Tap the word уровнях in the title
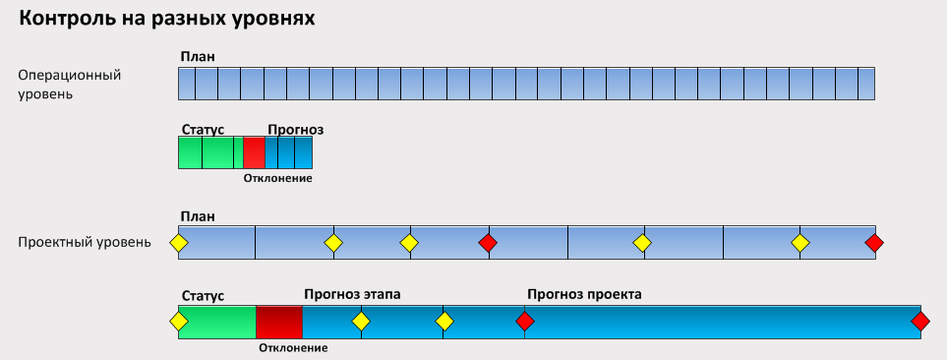tap(275, 19)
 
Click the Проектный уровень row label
tap(85, 241)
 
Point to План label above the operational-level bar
tap(197, 57)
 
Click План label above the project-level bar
tap(197, 216)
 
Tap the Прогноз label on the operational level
tap(296, 130)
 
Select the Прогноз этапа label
tap(352, 294)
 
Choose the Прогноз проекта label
tap(584, 294)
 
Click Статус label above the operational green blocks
tap(204, 130)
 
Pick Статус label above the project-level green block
tap(204, 294)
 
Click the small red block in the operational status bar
tap(254, 152)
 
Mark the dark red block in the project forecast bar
tap(278, 322)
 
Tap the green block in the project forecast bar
tap(216, 322)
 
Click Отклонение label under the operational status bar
tap(277, 178)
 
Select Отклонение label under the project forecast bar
tap(293, 347)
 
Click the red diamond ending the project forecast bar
tap(920, 321)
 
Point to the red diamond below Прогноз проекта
tap(525, 321)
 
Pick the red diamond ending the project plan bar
tap(874, 243)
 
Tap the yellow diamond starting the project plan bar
tap(178, 243)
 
